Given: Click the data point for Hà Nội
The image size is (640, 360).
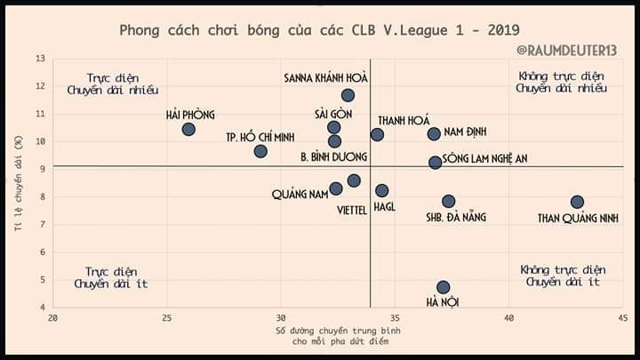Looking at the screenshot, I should click(x=443, y=287).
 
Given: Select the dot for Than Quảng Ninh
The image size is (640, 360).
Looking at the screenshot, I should click(x=577, y=202).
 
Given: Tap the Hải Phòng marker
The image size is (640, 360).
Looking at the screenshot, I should click(x=188, y=129).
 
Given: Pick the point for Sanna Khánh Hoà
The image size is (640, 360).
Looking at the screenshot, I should click(x=348, y=95).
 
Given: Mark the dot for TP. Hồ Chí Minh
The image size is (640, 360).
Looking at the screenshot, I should click(x=260, y=151).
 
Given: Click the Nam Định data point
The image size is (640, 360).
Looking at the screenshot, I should click(x=434, y=133).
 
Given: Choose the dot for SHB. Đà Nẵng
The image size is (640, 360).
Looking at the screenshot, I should click(x=448, y=201).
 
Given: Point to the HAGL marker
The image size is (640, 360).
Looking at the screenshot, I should click(x=382, y=190).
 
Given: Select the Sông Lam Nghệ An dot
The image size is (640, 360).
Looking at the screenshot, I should click(x=435, y=163).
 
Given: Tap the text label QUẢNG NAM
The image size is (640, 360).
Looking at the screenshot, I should click(x=300, y=195).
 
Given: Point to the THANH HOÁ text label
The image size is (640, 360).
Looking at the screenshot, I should click(x=404, y=120).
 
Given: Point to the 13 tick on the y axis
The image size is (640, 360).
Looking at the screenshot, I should click(x=42, y=59).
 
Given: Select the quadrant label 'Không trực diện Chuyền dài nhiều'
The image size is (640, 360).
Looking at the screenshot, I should click(x=562, y=83).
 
